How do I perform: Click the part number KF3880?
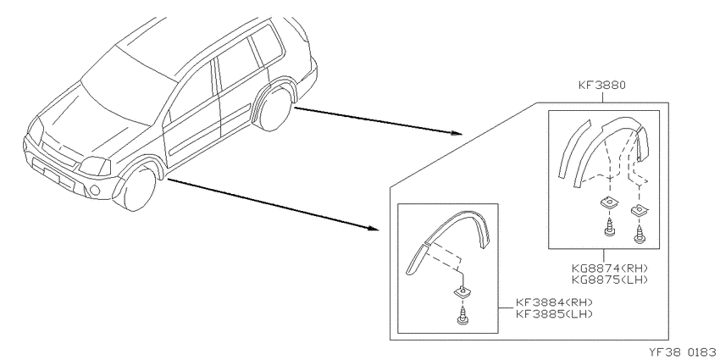(x=602, y=85)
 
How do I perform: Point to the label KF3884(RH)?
(x=554, y=302)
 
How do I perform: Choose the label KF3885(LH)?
(x=554, y=313)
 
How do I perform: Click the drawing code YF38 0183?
(x=684, y=352)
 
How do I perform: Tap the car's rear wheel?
(x=275, y=110)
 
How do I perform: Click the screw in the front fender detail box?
(x=462, y=317)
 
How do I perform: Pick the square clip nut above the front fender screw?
(x=462, y=292)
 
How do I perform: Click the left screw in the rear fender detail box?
(x=609, y=227)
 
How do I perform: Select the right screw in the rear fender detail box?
(x=639, y=234)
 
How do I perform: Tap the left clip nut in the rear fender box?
(x=608, y=203)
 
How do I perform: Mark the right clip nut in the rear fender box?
(x=639, y=210)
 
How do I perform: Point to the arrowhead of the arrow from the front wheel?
(x=374, y=228)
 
